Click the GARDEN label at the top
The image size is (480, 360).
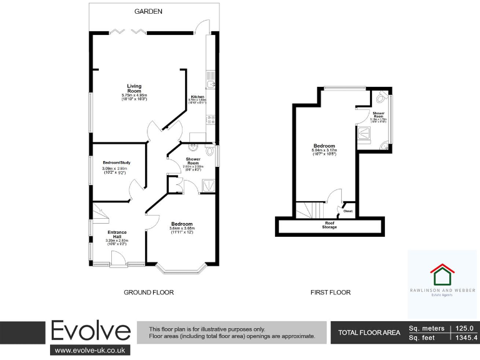point(149,11)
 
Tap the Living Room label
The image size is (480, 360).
point(134,89)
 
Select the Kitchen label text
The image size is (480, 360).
point(197,97)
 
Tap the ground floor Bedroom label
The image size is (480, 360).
point(182,223)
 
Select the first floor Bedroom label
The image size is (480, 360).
point(324,146)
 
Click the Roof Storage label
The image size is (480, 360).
point(329,224)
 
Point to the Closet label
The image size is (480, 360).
point(347,211)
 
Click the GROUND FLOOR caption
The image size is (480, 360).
point(148,292)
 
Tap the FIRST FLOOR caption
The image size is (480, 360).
point(330,292)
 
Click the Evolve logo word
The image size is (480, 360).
point(91,331)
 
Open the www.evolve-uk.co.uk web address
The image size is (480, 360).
point(92,351)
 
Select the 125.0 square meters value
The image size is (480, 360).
point(466,328)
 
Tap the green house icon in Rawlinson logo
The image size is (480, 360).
point(442,274)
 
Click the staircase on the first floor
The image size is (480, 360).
point(309,209)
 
